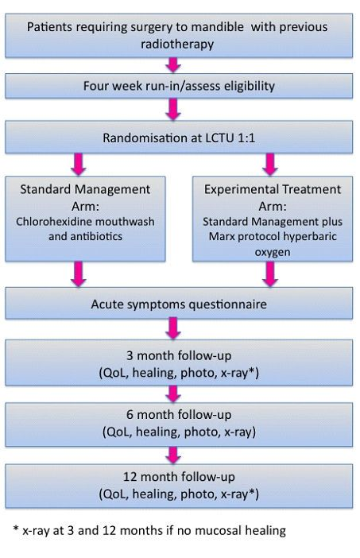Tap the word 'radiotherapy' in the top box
[177, 45]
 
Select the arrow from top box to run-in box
[173, 65]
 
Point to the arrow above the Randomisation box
[173, 109]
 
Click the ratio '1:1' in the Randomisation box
[246, 138]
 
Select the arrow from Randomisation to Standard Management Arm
[78, 165]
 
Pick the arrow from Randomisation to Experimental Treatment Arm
[270, 165]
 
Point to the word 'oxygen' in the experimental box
[273, 252]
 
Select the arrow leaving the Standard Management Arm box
[78, 274]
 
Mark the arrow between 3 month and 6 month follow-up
[173, 394]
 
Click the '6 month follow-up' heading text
[179, 415]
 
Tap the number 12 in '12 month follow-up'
[130, 477]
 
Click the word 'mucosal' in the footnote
[218, 531]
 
